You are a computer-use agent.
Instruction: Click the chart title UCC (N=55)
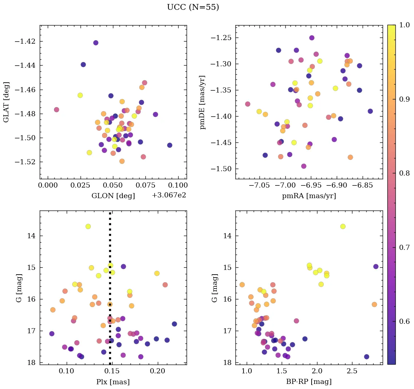193,8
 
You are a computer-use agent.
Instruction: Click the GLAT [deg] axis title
6,102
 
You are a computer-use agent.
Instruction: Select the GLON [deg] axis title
113,196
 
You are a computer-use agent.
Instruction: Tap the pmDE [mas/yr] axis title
202,102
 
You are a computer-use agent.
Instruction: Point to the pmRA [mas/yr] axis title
309,196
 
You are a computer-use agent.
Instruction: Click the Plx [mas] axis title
113,382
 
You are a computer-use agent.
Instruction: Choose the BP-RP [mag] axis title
309,382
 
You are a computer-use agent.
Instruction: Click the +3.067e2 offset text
169,195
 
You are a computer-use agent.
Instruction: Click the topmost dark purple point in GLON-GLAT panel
96,43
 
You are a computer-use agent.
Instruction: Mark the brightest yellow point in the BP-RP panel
343,227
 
